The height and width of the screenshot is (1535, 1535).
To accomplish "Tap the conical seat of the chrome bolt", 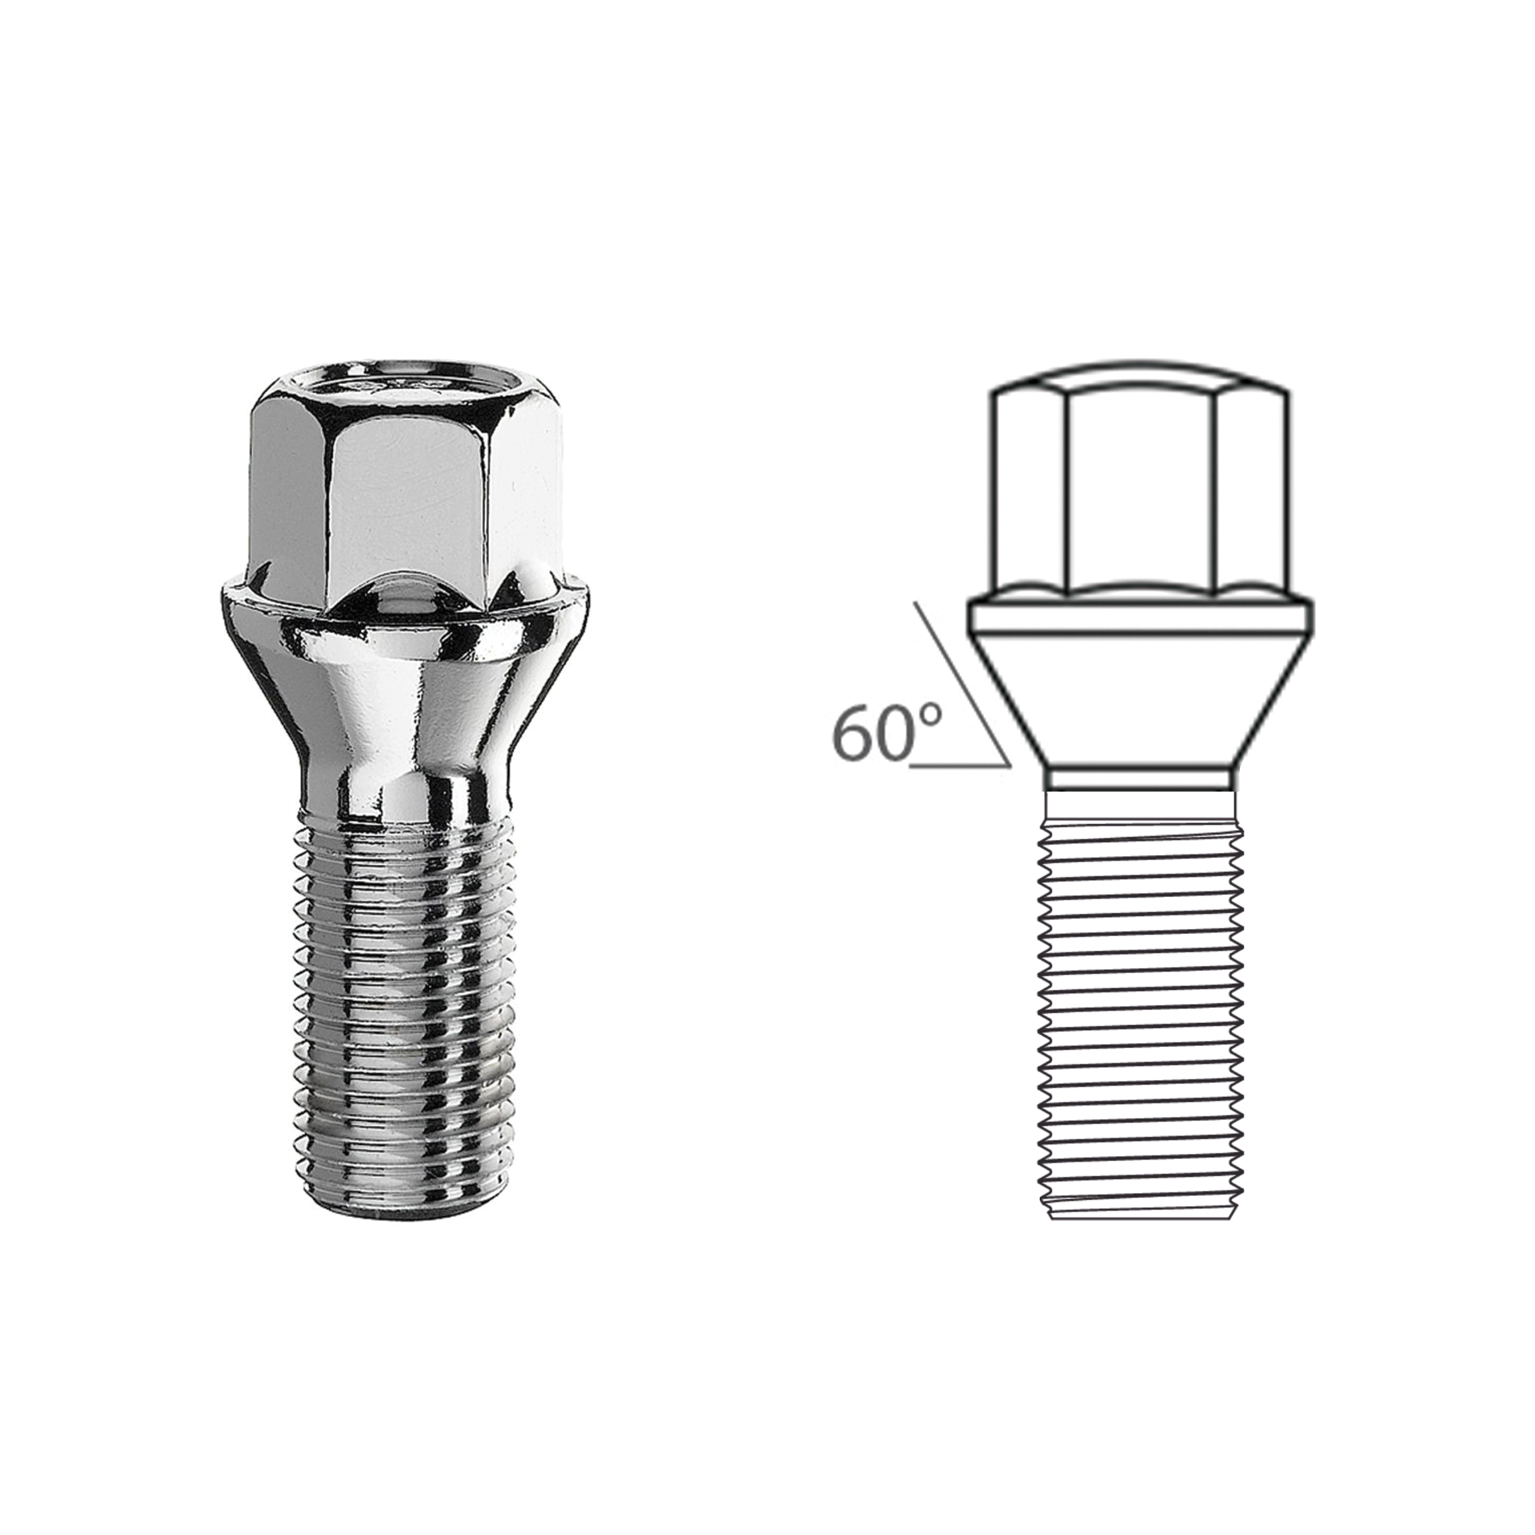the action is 405,715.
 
